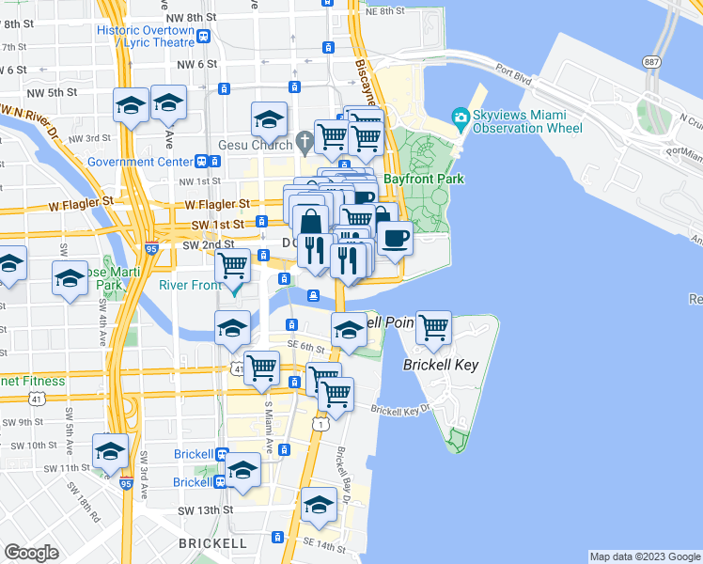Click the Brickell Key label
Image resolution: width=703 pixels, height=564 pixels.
point(441,365)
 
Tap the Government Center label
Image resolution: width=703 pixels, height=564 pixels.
point(140,161)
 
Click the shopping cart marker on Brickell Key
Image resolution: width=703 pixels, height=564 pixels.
point(433,329)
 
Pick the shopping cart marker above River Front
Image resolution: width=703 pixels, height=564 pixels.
point(233,265)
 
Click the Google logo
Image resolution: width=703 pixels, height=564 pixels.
point(32,552)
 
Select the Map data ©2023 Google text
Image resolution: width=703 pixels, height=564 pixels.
point(644,556)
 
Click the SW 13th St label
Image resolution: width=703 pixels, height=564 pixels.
point(205,509)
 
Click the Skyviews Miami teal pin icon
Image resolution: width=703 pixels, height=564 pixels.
point(460,117)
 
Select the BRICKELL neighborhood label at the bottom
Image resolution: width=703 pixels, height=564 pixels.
point(212,543)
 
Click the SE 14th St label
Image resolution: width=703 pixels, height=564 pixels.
point(318,543)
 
